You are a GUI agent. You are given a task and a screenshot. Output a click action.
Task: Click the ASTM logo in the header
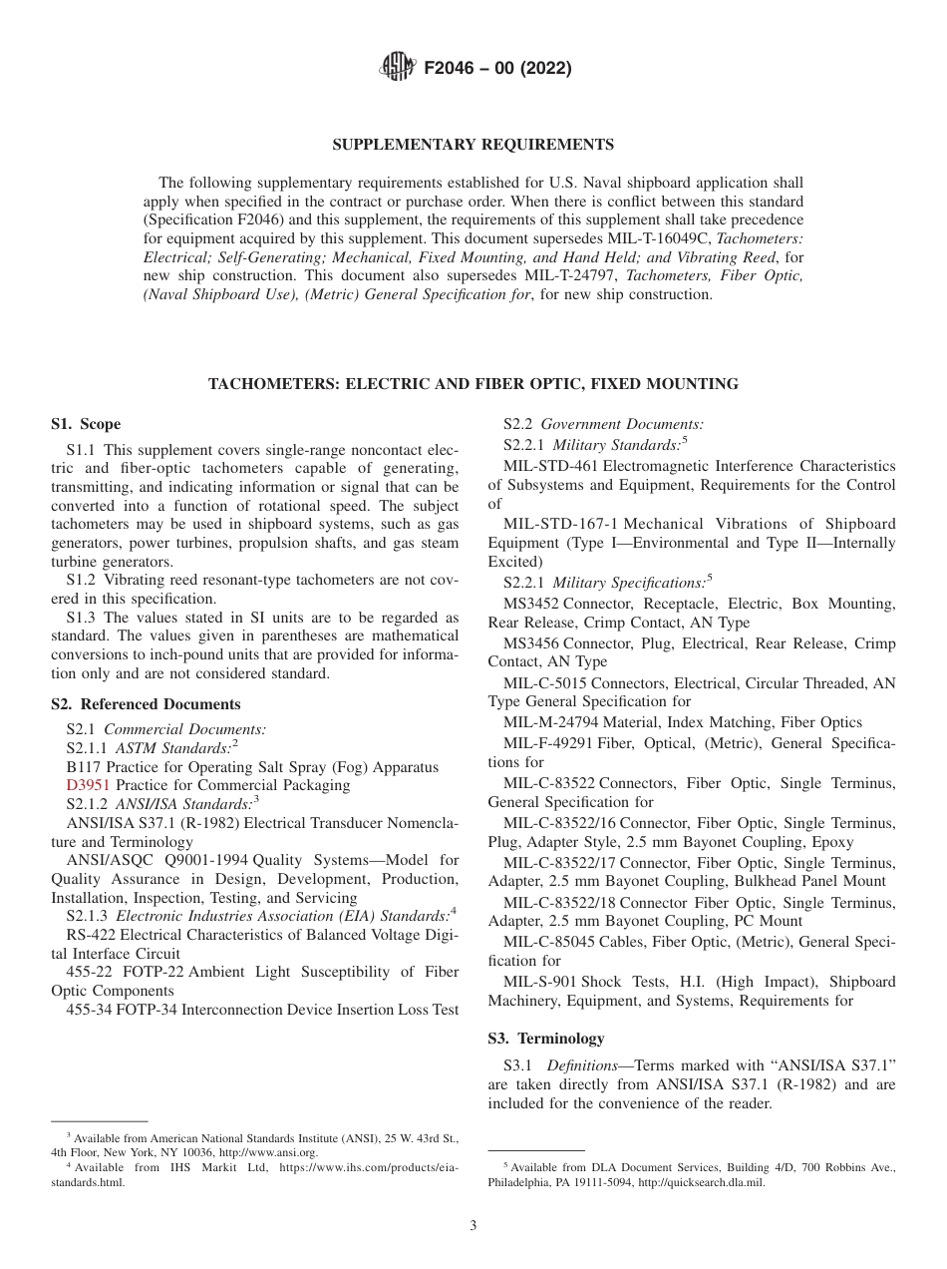[x=399, y=68]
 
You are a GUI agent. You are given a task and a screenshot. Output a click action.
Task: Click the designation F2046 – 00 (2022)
[x=497, y=69]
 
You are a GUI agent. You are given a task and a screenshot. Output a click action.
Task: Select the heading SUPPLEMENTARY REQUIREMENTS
[x=473, y=145]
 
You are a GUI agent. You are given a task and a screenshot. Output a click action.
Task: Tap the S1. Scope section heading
[x=86, y=424]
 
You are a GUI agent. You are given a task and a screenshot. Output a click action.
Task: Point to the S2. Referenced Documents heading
[x=146, y=704]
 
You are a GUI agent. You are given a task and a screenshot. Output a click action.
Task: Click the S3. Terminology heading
[x=545, y=1039]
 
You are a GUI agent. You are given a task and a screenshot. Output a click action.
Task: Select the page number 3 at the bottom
[x=473, y=1225]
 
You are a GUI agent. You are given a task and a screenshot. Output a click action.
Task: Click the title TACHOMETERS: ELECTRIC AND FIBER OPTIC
[x=473, y=383]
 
